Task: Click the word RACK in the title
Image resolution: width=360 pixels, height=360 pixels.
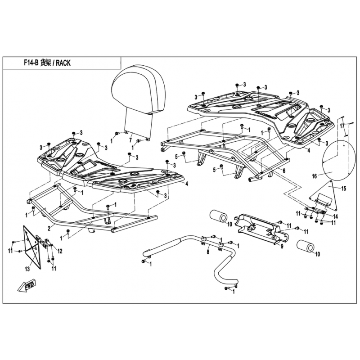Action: (61, 63)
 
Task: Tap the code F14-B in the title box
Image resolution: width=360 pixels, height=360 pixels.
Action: (31, 63)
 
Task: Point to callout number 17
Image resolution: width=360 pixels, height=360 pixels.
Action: (342, 125)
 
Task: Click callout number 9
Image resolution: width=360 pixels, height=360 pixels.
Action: (282, 246)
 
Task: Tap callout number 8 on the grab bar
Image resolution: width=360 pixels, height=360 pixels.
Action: (207, 253)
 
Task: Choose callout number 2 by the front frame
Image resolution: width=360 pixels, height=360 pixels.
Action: (48, 228)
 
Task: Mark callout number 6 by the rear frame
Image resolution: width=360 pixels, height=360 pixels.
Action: (283, 171)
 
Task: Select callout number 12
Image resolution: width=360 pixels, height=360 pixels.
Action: (60, 250)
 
